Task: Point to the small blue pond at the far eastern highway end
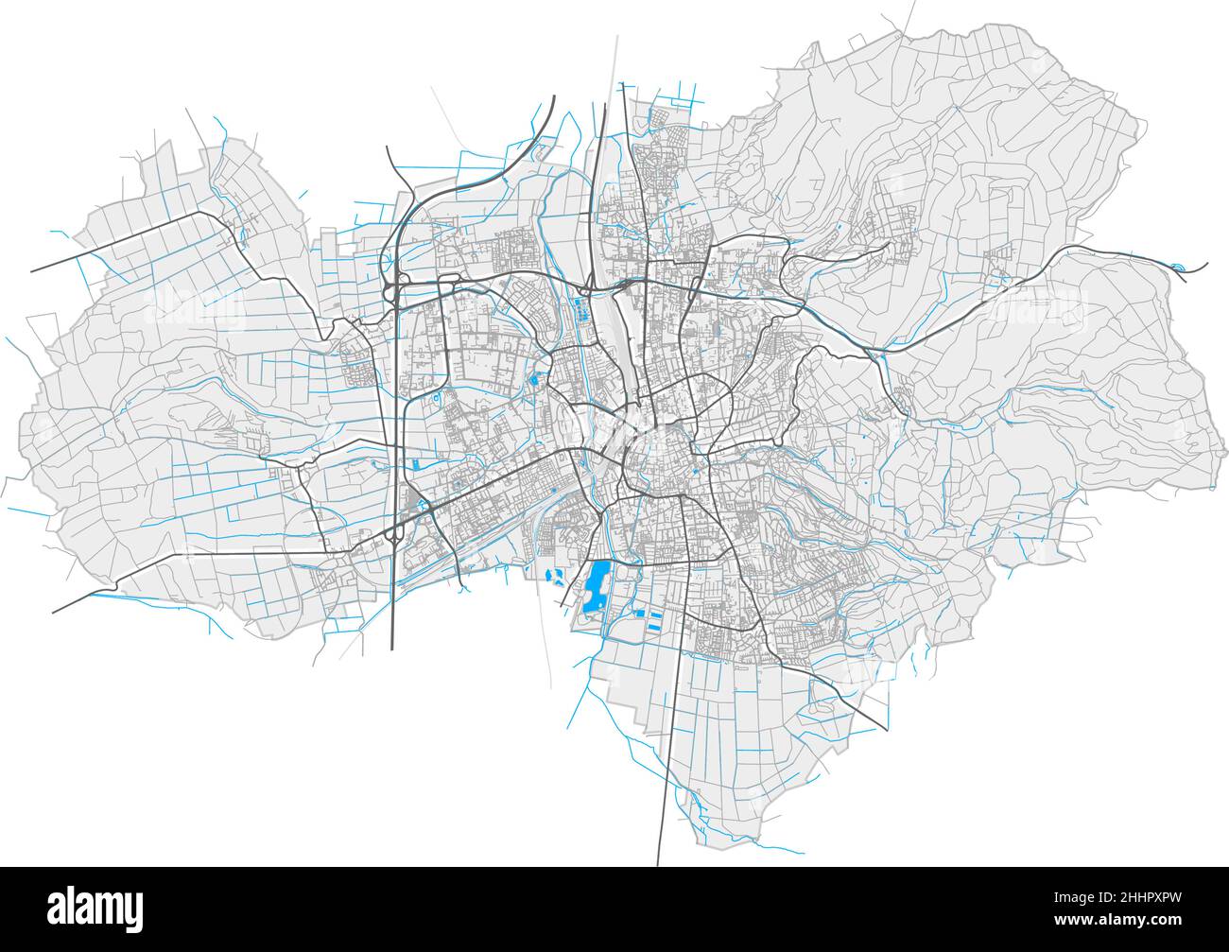coord(1178,268)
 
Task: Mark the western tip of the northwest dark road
coord(32,271)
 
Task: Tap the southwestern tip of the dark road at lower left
coord(53,613)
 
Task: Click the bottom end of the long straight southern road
coord(658,864)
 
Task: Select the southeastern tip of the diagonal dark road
coord(887,730)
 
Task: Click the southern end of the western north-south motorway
coord(392,650)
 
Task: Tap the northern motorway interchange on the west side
coord(394,285)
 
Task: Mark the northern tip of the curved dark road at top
coord(553,96)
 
